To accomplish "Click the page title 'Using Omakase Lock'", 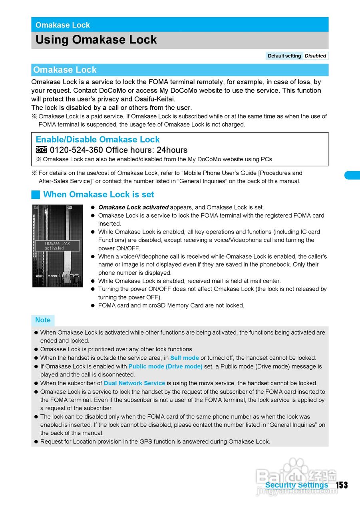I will coord(96,40).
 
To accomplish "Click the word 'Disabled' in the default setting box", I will coord(315,56).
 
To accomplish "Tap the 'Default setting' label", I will coord(284,56).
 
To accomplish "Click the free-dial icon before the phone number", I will coord(41,150).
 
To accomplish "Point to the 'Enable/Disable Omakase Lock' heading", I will coord(97,139).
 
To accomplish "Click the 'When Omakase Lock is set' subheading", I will coord(98,194).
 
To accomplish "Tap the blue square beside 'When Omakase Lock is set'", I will coord(36,195).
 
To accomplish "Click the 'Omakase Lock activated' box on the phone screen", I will coord(57,246).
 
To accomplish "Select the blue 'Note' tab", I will coord(43,320).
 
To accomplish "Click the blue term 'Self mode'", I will coord(184,358).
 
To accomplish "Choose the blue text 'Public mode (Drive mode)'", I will coord(165,366).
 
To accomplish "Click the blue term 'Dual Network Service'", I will coord(134,383).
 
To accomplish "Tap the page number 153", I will coord(341,485).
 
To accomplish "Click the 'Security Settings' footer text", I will coord(296,485).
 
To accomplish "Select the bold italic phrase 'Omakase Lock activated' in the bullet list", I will coord(133,207).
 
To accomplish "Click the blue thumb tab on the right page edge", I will coord(352,175).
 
